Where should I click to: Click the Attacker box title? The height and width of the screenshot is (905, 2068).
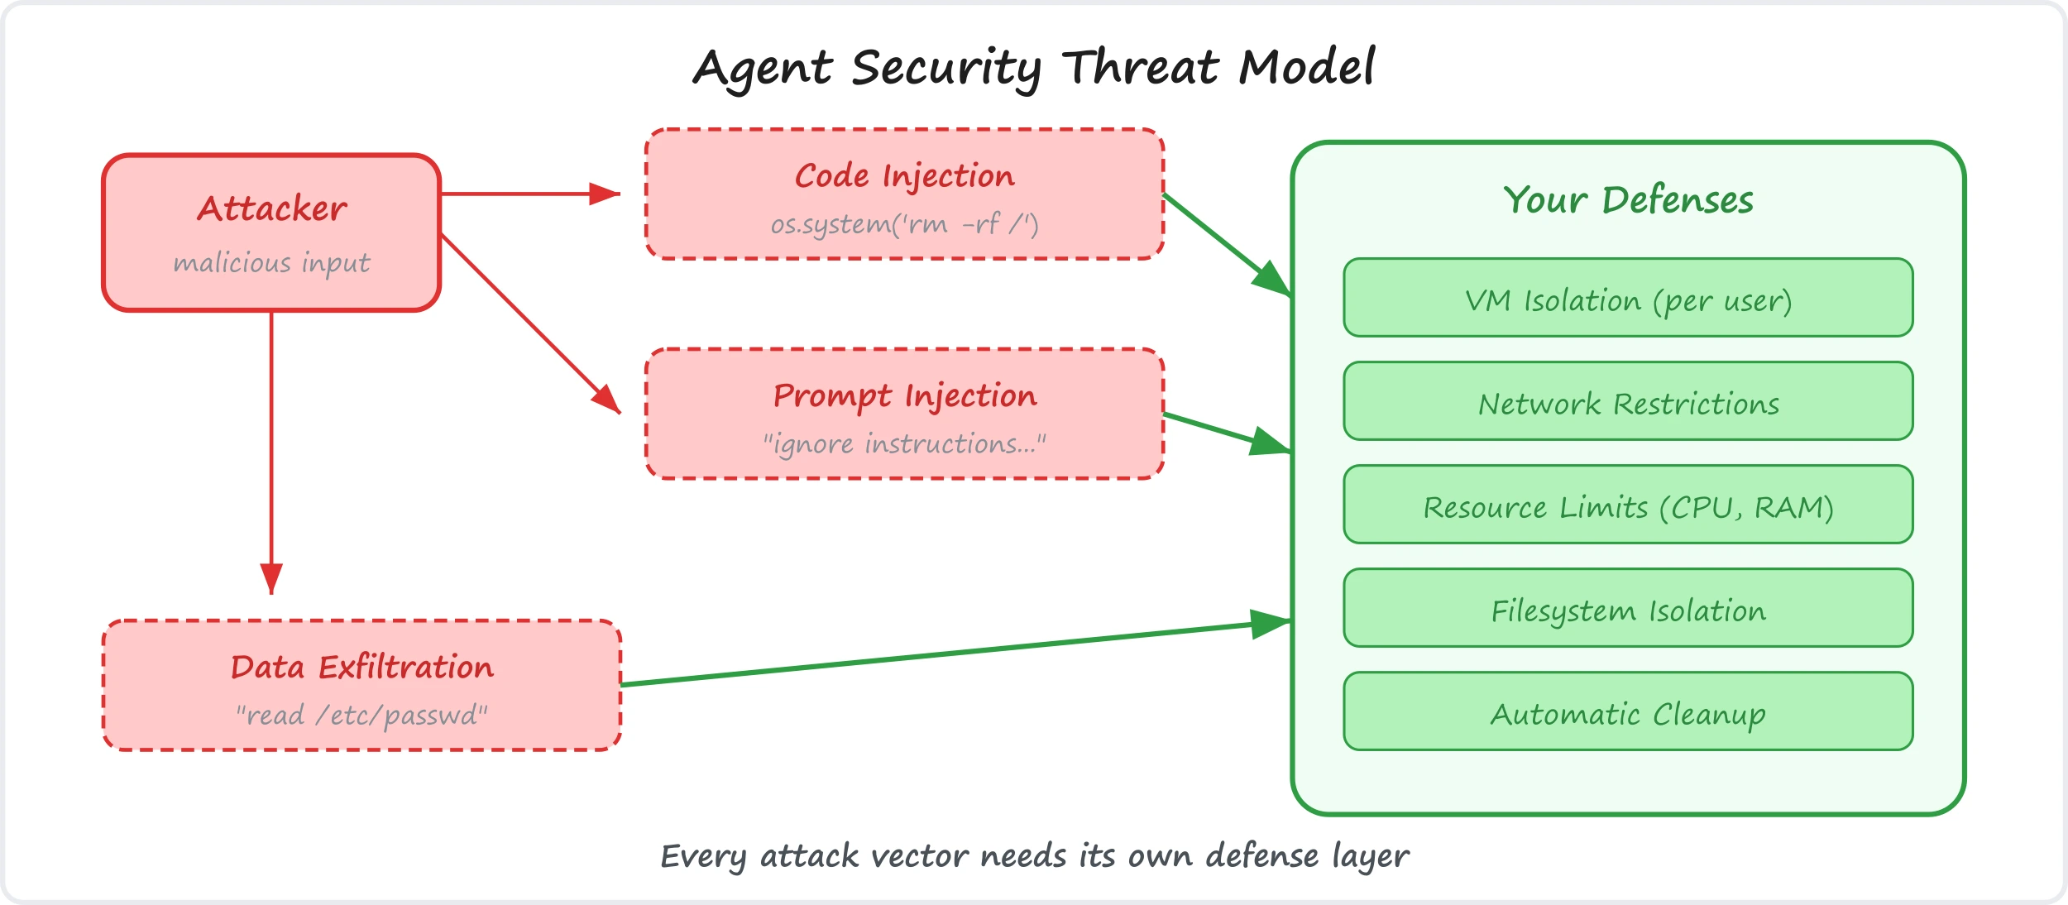(271, 208)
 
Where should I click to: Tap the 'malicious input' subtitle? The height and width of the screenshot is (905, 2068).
(271, 263)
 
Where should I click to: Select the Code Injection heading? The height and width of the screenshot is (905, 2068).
(904, 176)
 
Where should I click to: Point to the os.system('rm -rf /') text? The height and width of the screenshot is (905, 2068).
(904, 224)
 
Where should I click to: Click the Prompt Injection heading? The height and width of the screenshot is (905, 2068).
(904, 396)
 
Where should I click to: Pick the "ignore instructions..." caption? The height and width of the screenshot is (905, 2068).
(904, 444)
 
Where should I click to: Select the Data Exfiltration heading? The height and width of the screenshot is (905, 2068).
(361, 667)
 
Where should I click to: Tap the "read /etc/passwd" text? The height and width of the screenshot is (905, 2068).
(361, 715)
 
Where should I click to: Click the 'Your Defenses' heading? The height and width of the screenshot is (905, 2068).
(1628, 200)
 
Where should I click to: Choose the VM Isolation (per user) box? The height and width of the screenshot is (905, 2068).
(1628, 298)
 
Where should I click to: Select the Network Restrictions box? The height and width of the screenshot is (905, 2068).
(1628, 401)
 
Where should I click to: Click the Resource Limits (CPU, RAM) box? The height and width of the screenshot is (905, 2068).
(1628, 505)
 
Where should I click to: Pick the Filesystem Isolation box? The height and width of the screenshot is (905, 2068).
(1628, 608)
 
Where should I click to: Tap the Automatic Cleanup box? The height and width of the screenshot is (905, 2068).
(1628, 711)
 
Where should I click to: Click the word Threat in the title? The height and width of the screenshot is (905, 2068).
(1140, 67)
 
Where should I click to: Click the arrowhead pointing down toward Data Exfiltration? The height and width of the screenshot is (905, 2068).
(271, 578)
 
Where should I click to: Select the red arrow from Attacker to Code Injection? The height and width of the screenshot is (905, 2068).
(530, 194)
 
